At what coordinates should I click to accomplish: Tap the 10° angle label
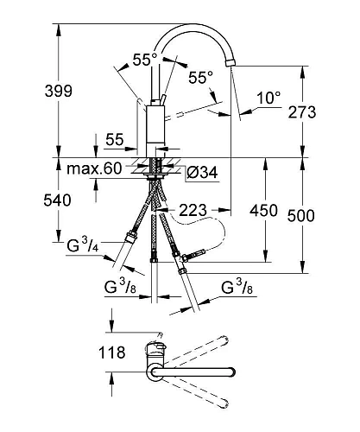(x=268, y=98)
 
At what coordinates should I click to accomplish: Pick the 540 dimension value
(x=26, y=201)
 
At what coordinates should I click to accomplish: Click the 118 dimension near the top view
(x=112, y=353)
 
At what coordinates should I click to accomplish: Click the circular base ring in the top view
(x=154, y=373)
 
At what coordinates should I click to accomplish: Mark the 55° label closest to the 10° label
(x=200, y=78)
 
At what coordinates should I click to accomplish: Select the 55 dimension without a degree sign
(x=114, y=137)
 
